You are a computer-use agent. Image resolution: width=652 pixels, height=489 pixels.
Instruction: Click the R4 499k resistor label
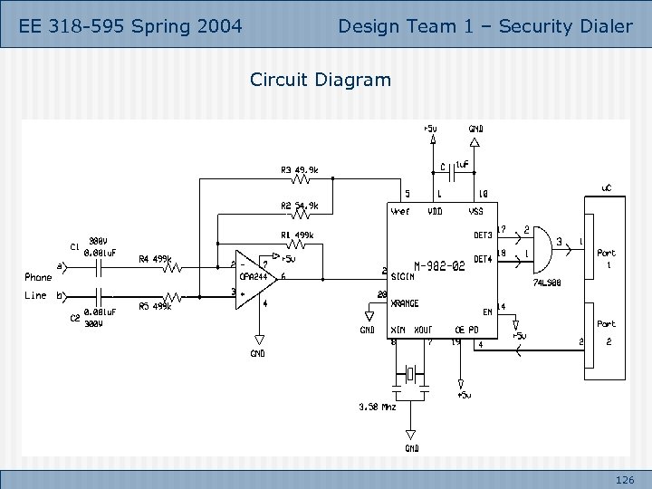[156, 259]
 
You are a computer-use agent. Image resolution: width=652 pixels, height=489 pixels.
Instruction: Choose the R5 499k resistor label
[156, 306]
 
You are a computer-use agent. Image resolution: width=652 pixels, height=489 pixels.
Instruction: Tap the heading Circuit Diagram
[321, 80]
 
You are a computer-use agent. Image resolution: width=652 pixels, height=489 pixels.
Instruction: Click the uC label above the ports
[608, 188]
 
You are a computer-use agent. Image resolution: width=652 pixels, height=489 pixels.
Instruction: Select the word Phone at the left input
[38, 277]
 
